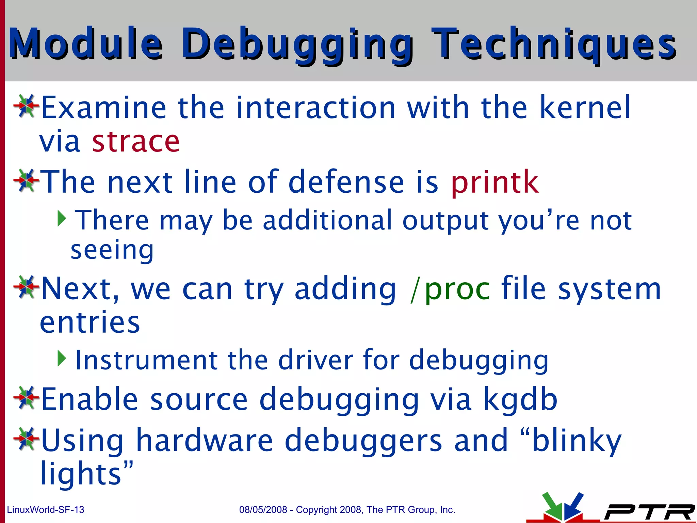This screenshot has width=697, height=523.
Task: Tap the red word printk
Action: [x=495, y=182]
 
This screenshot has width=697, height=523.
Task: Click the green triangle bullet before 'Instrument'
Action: [x=62, y=359]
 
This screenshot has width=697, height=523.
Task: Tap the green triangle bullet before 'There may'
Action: [x=62, y=218]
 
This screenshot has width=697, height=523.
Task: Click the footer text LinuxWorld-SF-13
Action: [x=46, y=510]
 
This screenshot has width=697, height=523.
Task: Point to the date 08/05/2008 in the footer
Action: [x=263, y=510]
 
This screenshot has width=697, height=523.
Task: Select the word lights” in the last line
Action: [x=86, y=473]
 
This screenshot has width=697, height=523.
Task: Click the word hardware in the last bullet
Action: [x=204, y=440]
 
